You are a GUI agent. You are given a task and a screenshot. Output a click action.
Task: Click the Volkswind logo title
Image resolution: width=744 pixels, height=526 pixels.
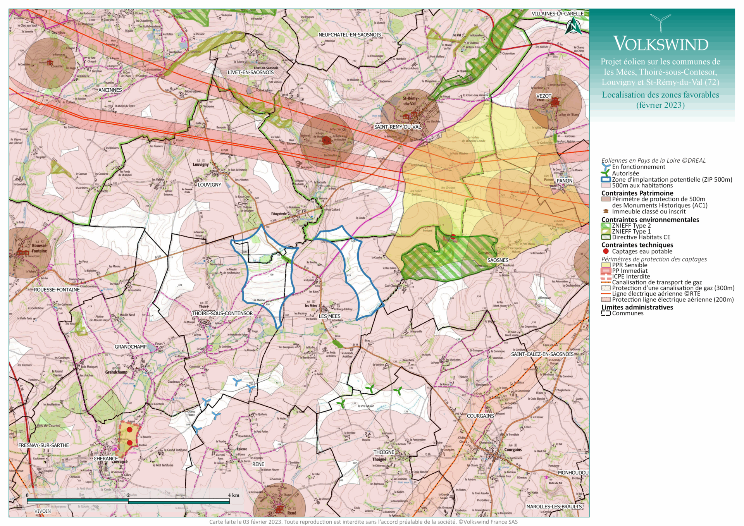pos(661,44)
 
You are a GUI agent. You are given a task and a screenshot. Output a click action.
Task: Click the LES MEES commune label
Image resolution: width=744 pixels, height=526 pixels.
pos(329,316)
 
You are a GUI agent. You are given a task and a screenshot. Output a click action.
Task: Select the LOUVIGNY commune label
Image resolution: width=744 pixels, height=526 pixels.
pos(209,185)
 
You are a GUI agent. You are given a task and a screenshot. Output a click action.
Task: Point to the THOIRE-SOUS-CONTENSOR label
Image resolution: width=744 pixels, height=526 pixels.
pos(222,313)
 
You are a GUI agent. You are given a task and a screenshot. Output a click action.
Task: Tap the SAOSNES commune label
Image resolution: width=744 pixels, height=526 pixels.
pos(498,260)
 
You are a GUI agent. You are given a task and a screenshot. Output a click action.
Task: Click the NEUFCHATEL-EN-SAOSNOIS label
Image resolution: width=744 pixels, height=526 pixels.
pos(350,35)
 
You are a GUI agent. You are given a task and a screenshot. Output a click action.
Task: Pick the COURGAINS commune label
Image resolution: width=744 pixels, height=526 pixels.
pos(480,416)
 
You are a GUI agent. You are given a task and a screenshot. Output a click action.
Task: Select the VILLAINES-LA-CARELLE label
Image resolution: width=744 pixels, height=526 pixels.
pos(557,14)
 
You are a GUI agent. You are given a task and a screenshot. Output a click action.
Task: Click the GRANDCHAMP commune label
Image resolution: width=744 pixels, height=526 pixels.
pos(131,347)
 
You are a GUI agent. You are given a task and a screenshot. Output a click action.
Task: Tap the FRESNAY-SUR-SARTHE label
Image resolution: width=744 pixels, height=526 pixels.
pos(43,445)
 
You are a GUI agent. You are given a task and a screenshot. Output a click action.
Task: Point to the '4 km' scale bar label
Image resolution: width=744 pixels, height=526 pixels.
pos(234,495)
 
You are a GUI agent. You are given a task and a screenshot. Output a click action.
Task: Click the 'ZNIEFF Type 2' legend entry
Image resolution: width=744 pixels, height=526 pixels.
pos(631,225)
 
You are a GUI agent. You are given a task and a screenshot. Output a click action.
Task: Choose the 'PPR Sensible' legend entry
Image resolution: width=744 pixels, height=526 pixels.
pos(629,265)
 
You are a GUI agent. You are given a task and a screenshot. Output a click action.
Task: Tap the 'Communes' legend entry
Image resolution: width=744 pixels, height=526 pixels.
pos(627,313)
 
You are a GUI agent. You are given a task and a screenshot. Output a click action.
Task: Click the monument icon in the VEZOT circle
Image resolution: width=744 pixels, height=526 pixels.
pos(555,101)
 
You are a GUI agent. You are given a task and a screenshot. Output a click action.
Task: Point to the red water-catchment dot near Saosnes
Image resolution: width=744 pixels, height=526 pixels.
pos(453,237)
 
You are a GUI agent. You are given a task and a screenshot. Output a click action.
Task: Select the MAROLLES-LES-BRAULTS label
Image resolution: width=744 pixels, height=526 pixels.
pos(554,507)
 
